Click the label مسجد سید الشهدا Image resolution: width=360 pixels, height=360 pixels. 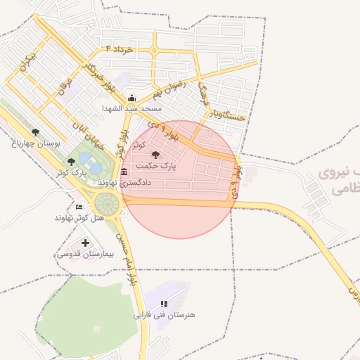click(131, 108)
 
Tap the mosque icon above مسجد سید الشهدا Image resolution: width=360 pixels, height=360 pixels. click(131, 98)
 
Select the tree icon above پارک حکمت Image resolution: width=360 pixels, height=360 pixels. click(155, 154)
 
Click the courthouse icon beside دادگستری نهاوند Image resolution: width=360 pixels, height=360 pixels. click(124, 172)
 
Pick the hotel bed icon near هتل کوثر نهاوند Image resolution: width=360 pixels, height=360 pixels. click(79, 207)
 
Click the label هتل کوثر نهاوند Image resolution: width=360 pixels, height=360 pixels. click(79, 217)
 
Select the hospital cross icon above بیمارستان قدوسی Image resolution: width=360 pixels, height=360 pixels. click(85, 243)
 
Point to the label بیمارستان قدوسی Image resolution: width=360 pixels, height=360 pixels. click(84, 254)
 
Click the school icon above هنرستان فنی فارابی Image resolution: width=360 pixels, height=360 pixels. click(163, 304)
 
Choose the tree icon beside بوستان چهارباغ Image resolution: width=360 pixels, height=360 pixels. click(35, 132)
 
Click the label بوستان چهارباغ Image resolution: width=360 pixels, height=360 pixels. click(36, 143)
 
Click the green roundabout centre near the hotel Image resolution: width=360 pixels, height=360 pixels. click(108, 204)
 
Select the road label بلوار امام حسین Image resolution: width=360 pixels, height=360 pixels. click(128, 260)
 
